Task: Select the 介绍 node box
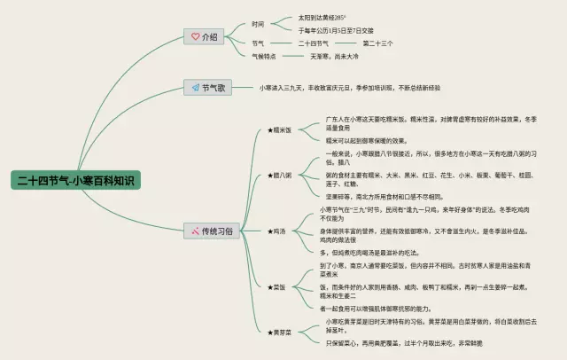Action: (203, 36)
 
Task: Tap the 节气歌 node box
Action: (208, 87)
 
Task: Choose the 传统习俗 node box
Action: (211, 231)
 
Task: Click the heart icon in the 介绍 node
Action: (195, 36)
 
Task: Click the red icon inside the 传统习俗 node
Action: (195, 231)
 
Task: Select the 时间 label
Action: (258, 23)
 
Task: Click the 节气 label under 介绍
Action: (258, 43)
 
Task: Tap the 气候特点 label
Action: (264, 56)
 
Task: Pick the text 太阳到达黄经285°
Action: (322, 17)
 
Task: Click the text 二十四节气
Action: (314, 43)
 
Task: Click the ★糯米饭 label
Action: (280, 129)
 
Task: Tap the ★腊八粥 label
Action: (280, 174)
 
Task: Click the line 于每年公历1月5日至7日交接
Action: (336, 29)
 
